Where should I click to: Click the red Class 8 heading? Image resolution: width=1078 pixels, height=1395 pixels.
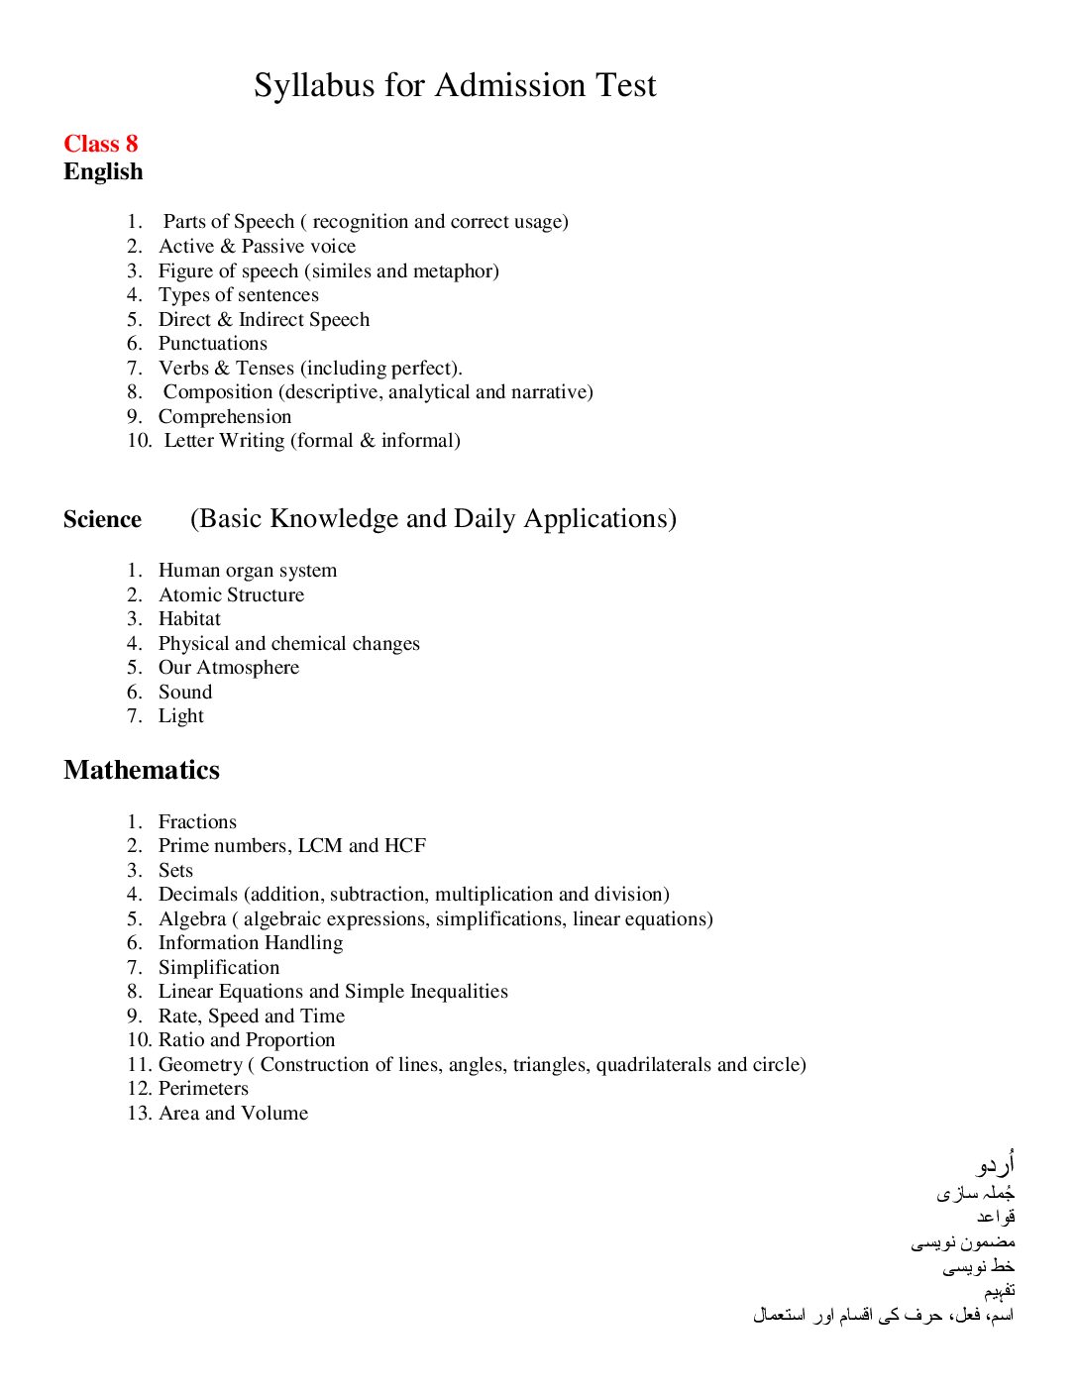pos(100,145)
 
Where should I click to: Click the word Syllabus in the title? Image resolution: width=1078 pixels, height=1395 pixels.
pos(314,86)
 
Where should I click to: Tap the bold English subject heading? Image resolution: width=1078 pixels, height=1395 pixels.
pos(103,172)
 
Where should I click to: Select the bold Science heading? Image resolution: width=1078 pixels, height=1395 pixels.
pos(102,520)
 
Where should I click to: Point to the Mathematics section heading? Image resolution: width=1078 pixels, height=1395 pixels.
pos(142,771)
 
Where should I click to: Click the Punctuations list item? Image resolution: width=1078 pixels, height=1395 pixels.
pos(212,344)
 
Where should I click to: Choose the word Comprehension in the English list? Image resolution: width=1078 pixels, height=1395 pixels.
pos(225,417)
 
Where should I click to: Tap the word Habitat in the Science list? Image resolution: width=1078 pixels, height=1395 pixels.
pos(189,619)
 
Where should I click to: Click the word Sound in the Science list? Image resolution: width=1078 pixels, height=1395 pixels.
pos(185,693)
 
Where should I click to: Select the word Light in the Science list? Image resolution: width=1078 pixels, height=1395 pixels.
pos(181,716)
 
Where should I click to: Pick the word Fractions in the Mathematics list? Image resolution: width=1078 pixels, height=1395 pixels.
pos(197,822)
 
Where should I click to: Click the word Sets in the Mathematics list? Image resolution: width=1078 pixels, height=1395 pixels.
pos(175,871)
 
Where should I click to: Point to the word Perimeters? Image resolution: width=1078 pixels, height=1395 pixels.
pos(203,1089)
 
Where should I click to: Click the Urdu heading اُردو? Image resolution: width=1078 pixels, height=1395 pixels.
pos(995,1164)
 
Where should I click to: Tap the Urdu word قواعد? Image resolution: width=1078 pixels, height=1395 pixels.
pos(996,1217)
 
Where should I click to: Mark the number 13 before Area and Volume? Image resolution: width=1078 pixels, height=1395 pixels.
pos(138,1114)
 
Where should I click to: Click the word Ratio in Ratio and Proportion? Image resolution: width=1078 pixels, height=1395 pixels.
pos(181,1040)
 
